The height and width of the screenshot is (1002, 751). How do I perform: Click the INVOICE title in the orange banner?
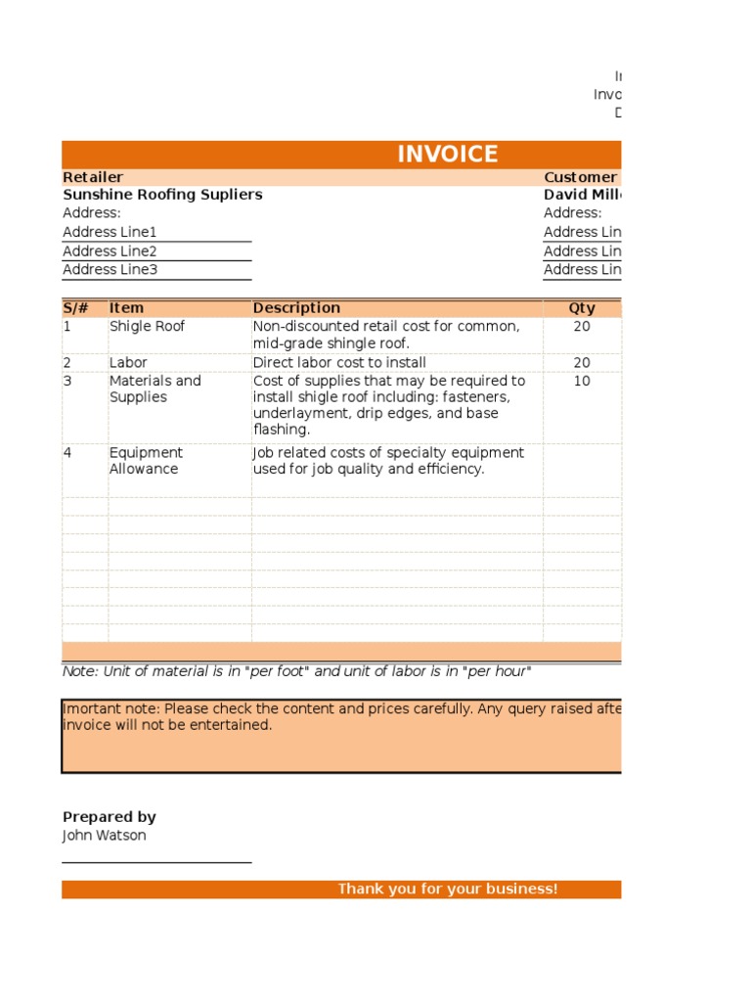point(447,154)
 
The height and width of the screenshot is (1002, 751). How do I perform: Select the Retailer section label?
point(93,177)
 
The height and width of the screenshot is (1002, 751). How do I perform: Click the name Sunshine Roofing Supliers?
point(162,195)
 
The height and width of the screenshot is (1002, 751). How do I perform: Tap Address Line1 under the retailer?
point(110,232)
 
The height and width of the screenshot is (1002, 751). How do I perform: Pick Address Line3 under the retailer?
point(110,270)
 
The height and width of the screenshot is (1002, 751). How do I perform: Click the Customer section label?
point(580,177)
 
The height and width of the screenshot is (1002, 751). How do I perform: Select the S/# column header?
point(75,308)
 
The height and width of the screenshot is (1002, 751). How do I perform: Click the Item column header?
point(126,308)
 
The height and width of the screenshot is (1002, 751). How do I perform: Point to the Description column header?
point(296,308)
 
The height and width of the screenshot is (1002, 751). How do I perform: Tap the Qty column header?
point(582,308)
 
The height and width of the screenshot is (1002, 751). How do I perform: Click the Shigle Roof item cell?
point(147,327)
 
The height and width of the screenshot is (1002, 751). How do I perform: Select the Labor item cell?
point(129,363)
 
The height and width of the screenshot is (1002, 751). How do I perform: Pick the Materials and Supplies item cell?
point(155,389)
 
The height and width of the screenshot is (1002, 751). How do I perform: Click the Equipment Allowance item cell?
point(146,461)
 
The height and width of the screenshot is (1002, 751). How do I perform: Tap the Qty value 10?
point(582,382)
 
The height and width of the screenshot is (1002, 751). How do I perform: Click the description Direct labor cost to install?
point(339,363)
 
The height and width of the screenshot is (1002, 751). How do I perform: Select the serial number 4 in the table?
point(67,453)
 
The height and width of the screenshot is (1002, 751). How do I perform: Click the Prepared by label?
point(110,817)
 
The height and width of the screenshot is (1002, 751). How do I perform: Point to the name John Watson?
point(105,836)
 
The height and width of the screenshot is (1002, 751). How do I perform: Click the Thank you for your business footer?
point(447,889)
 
